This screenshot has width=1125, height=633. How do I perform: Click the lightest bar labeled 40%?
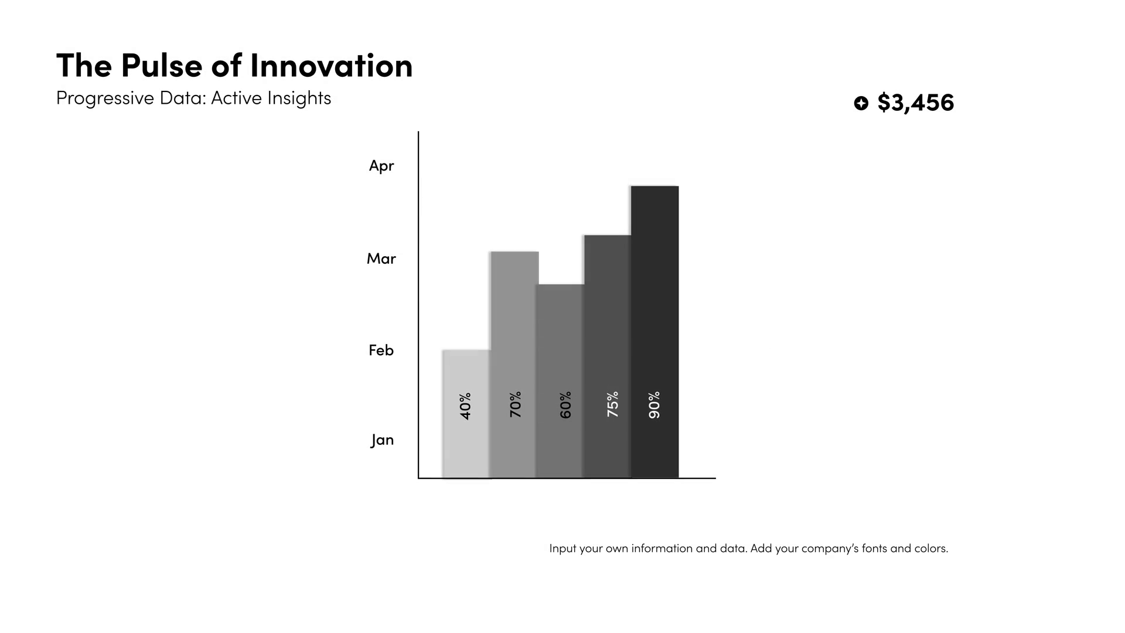[x=466, y=414]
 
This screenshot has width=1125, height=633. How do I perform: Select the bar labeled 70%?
[x=514, y=365]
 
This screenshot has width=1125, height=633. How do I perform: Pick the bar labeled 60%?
[x=560, y=381]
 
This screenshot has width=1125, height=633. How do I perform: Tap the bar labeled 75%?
[x=608, y=356]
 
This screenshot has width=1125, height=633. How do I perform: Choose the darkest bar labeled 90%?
[x=654, y=332]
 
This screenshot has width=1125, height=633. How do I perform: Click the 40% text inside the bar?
[x=466, y=406]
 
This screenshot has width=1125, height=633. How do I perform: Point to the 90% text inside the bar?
[x=654, y=405]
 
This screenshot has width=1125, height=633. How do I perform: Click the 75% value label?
[x=613, y=404]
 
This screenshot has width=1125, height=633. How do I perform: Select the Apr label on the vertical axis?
[x=381, y=166]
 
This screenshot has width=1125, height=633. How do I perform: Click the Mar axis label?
[x=381, y=258]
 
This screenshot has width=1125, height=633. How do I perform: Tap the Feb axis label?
[x=381, y=350]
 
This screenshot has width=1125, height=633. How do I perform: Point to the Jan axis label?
[x=382, y=440]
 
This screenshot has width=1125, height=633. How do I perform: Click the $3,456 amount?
[x=916, y=103]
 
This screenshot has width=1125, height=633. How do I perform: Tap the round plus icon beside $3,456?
[x=861, y=103]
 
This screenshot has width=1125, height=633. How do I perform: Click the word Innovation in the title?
[x=332, y=65]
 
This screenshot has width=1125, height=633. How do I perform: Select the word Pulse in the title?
[x=162, y=65]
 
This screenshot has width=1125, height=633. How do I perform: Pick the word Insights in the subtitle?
[x=299, y=98]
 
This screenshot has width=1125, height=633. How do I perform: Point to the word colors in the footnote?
[x=931, y=549]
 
